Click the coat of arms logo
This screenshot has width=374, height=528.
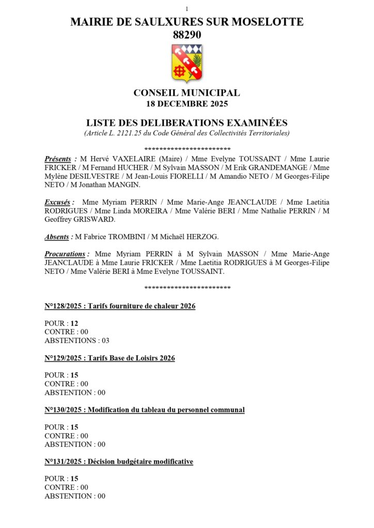[186, 63]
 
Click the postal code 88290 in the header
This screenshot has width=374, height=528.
[186, 35]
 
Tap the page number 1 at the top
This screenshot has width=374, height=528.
[186, 9]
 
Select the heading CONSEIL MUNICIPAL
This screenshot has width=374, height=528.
[186, 93]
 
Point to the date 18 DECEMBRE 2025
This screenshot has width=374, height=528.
[186, 103]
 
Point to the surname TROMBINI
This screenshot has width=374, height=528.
[126, 237]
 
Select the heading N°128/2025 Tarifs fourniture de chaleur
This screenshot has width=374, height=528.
[120, 306]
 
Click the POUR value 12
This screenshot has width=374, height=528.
[74, 323]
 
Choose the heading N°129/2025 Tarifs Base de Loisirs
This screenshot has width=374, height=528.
[110, 358]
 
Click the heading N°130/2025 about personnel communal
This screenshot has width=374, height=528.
[145, 410]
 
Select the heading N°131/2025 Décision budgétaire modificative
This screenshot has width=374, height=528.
[119, 461]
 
